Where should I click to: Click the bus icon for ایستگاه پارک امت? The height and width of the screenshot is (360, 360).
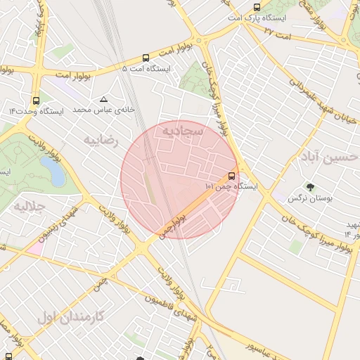257,8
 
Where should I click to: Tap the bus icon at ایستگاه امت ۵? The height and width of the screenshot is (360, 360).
146,58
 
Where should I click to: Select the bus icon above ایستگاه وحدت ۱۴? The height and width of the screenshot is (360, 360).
37,100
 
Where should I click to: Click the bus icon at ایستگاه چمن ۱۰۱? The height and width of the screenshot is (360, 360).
231,176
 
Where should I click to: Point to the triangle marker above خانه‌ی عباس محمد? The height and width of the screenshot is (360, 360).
104,99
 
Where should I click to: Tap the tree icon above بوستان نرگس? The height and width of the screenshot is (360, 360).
309,187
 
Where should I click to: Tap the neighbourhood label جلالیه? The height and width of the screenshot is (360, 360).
30,207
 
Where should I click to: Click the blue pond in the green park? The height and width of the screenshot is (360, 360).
51,169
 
